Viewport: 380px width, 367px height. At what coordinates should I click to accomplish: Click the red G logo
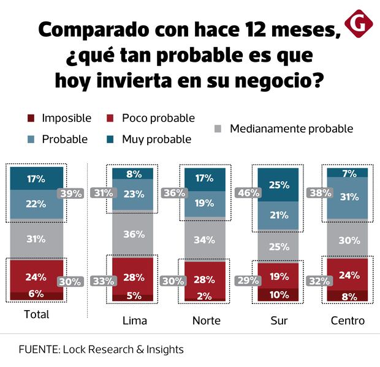[356, 23]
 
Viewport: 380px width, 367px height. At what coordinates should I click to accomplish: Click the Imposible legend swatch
[31, 118]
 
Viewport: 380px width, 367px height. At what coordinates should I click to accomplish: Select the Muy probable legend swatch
[111, 139]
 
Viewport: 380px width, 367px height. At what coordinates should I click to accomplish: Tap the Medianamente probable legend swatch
[219, 129]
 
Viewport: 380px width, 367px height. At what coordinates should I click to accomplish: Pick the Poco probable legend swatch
[111, 118]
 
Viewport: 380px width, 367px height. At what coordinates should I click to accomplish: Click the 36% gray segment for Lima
[133, 234]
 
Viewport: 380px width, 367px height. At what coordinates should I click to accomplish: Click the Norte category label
[207, 321]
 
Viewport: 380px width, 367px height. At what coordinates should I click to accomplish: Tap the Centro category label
[348, 321]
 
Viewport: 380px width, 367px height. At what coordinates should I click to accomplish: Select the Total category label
[36, 315]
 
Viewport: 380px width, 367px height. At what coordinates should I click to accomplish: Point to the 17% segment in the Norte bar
[205, 179]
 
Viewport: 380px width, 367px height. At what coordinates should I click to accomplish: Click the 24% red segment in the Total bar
[36, 276]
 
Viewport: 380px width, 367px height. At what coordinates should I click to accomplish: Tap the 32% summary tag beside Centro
[321, 282]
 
